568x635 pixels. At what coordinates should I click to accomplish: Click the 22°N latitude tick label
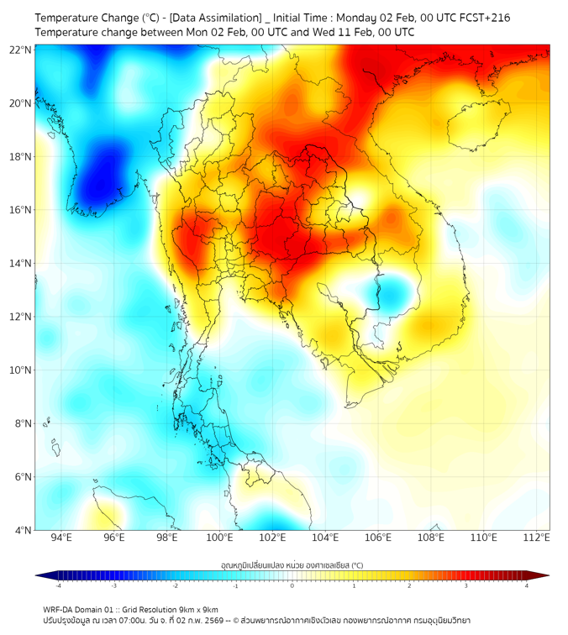21,50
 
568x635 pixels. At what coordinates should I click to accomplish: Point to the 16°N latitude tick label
21,210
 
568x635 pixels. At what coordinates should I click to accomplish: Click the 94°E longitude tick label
61,538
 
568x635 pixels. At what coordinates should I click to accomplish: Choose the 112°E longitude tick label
537,538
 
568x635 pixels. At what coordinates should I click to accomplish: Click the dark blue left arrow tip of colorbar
39,575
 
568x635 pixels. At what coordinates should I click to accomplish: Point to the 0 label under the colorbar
292,585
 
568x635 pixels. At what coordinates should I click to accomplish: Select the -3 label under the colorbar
114,585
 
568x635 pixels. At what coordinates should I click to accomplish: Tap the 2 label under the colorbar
409,585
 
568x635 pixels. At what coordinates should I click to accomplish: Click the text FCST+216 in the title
483,17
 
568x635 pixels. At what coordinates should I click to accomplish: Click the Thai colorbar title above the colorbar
292,565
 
